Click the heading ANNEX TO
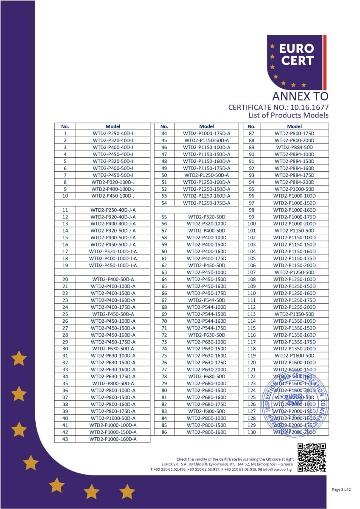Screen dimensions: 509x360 click(x=300, y=96)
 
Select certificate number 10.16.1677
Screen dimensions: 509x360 click(x=309, y=107)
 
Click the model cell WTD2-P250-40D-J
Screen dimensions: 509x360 click(x=113, y=133)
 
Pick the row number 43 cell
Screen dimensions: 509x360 click(x=65, y=439)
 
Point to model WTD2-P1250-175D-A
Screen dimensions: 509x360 click(x=207, y=203)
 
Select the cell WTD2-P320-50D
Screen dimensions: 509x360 click(x=207, y=217)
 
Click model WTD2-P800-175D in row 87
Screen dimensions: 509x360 click(x=294, y=133)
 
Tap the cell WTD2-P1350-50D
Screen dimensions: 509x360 click(x=294, y=314)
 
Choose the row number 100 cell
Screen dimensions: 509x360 click(x=251, y=224)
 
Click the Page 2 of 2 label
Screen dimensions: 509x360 click(x=341, y=489)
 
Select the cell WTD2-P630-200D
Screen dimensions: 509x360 click(x=207, y=369)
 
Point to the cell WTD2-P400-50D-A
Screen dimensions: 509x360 click(x=113, y=279)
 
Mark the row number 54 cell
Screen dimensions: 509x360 click(x=164, y=203)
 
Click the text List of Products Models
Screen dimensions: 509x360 click(x=288, y=115)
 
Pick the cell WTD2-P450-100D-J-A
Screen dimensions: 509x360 click(x=113, y=266)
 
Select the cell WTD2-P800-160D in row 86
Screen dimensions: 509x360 click(x=207, y=432)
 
